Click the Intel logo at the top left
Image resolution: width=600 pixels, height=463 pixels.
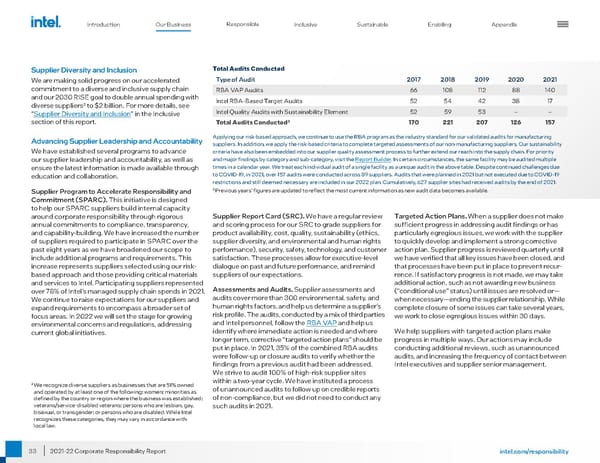[45, 20]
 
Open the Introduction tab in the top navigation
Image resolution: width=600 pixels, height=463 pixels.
[104, 22]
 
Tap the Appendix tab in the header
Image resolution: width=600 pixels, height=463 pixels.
[504, 22]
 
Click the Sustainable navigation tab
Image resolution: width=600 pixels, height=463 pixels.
[372, 22]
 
